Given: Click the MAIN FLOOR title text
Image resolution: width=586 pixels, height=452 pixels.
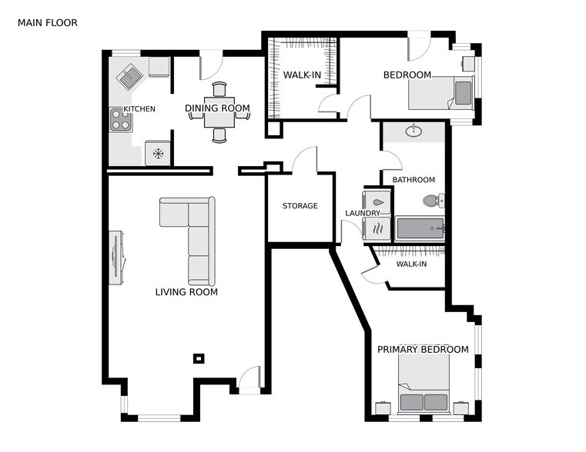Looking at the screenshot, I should pos(47,23).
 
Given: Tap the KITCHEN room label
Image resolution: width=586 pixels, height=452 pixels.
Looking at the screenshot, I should pos(139,109).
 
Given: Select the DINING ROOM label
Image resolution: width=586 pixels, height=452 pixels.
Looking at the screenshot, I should pos(218,109).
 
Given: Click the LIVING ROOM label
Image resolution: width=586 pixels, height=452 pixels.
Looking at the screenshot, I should pos(186,292).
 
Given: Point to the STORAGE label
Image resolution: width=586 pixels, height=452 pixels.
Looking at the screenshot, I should pos(300,206).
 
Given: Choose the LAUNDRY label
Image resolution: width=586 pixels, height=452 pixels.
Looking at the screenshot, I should pos(363,213).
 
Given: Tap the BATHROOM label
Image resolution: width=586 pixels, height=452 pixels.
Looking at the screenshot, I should pos(414,180).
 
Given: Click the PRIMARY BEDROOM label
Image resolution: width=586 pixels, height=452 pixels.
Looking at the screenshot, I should pos(423,350).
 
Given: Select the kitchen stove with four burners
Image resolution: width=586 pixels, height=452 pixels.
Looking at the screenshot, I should pos(120,119).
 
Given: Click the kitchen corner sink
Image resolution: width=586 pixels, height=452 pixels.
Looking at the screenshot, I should pos(128,77).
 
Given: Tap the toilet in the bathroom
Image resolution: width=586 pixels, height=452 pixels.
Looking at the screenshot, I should pos(431,201).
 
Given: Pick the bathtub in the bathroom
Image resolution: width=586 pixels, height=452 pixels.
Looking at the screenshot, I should pos(420,228).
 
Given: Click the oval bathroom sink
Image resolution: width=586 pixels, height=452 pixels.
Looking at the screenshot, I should pos(414,131).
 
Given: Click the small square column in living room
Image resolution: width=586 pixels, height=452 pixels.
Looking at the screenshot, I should pos(199,358).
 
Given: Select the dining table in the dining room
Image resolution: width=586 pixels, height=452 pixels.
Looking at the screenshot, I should pos(219,112).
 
